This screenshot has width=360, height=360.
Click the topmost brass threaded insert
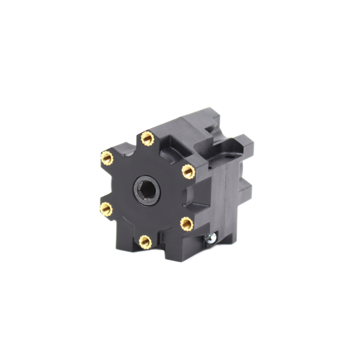[x=147, y=138]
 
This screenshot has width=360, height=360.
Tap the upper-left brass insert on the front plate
[x=107, y=158]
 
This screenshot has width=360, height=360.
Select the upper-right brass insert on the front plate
[x=188, y=172]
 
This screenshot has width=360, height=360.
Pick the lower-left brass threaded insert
[x=106, y=209]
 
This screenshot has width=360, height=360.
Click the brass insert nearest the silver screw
[x=187, y=224]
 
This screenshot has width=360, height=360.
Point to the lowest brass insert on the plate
[x=145, y=242]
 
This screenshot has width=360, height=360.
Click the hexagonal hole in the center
[x=147, y=189]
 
